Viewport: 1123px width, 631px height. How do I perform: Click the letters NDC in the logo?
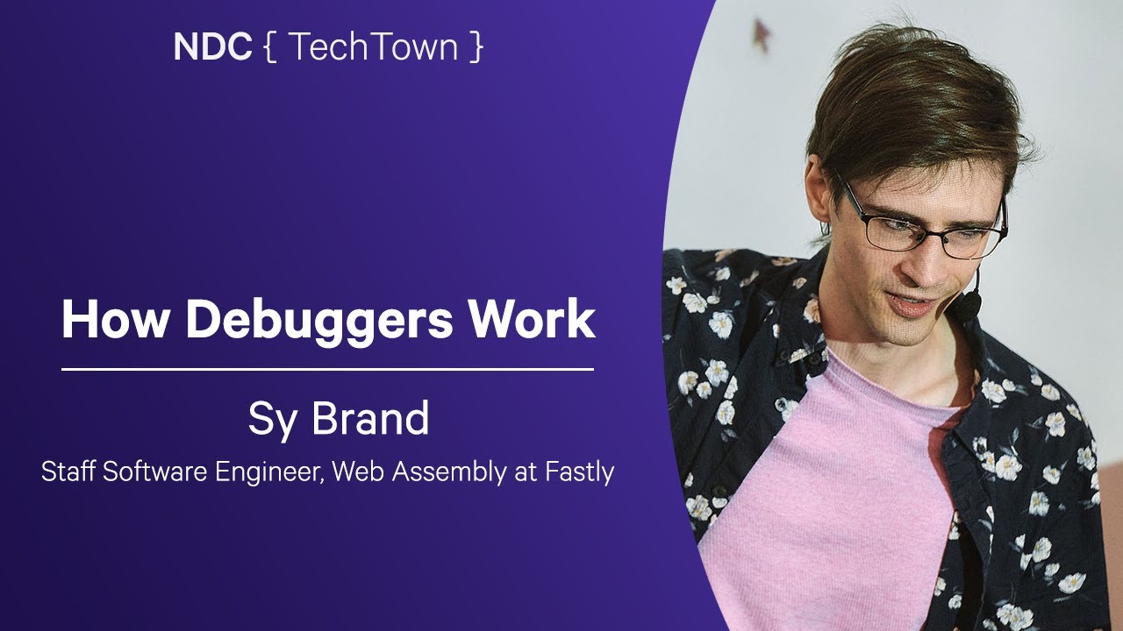coord(211,47)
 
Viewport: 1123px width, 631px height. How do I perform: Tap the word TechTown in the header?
coord(372,47)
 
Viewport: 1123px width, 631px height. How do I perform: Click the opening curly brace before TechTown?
coord(268,48)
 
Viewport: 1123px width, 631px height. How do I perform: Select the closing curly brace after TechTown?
coord(475,48)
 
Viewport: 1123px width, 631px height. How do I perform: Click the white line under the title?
coord(327,370)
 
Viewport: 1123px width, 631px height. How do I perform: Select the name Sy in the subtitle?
coord(268,420)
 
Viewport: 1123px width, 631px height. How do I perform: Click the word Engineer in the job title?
coord(256,473)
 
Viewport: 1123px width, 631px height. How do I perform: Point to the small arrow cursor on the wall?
coord(762,34)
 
